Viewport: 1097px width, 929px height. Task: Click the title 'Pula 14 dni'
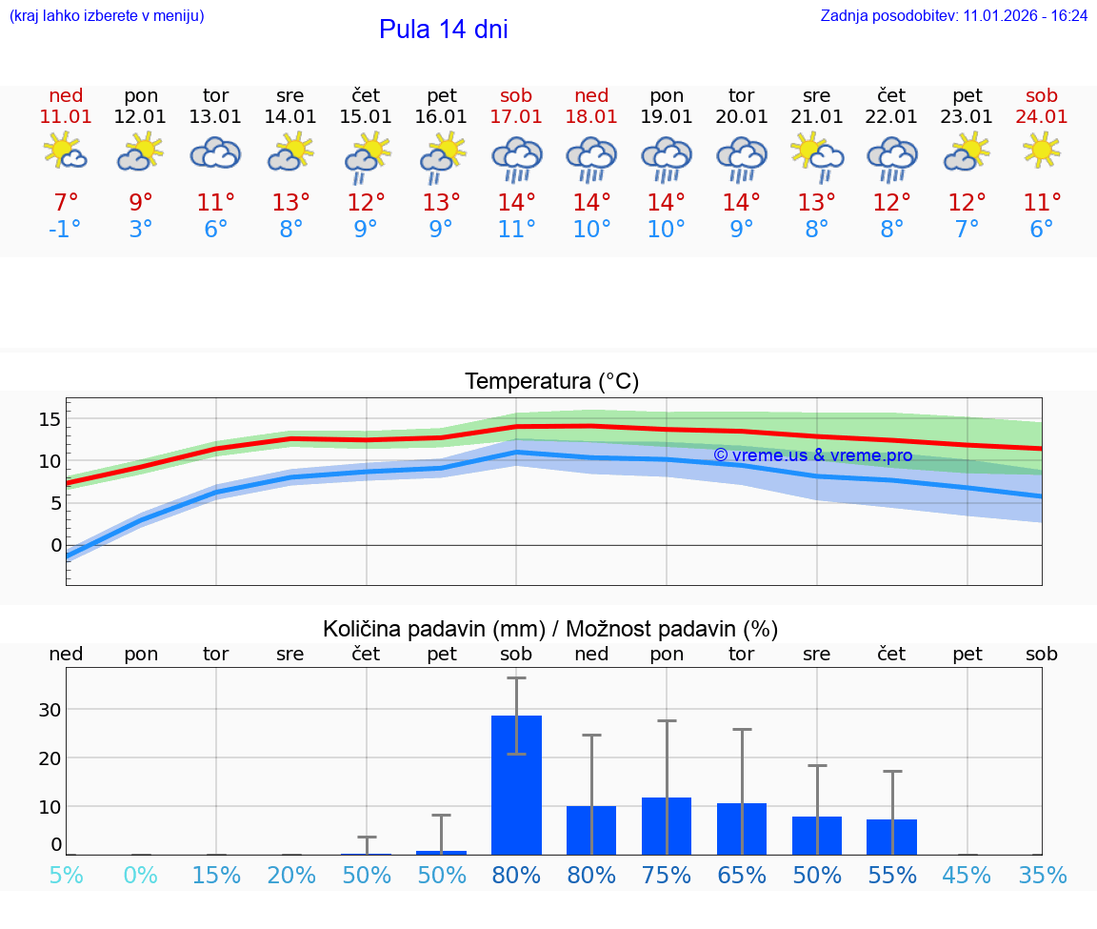[x=443, y=30]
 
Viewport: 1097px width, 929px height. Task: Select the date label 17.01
[x=516, y=117]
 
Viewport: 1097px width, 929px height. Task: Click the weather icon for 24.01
[x=1042, y=151]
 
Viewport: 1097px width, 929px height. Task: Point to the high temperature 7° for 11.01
[x=66, y=203]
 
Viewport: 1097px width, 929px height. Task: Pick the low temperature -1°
[x=66, y=230]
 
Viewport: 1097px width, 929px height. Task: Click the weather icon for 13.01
[x=216, y=152]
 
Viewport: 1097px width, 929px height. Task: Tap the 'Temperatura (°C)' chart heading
[x=551, y=382]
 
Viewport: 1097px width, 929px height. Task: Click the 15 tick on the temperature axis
[x=50, y=419]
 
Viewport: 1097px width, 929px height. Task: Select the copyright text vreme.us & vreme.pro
[x=812, y=455]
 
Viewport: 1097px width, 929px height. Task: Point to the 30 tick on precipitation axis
[x=50, y=710]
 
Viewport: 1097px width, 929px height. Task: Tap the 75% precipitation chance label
[x=667, y=876]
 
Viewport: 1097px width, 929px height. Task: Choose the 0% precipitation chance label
[x=141, y=876]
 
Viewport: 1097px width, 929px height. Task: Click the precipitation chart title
[x=550, y=629]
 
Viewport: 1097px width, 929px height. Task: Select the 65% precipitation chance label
[x=742, y=876]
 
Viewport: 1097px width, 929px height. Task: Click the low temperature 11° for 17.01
[x=516, y=230]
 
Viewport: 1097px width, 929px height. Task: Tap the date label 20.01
[x=742, y=117]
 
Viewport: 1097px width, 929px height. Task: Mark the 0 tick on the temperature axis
[x=55, y=546]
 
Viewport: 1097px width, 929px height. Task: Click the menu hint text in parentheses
[x=106, y=16]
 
